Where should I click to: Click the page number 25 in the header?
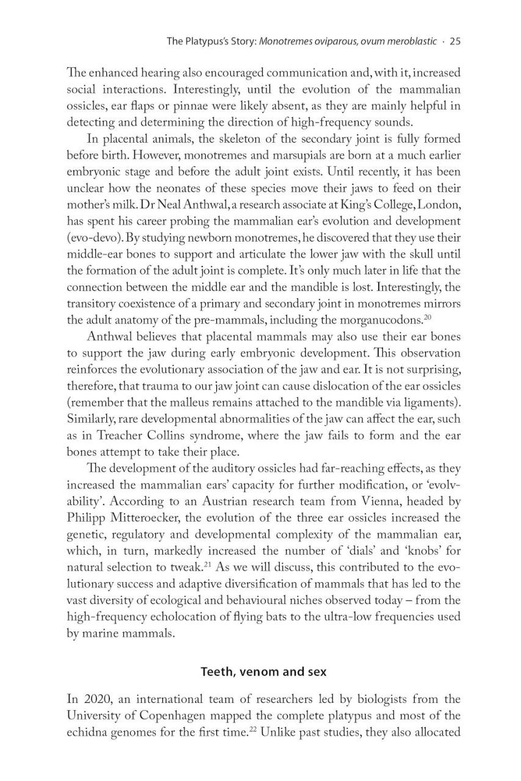pos(454,42)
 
